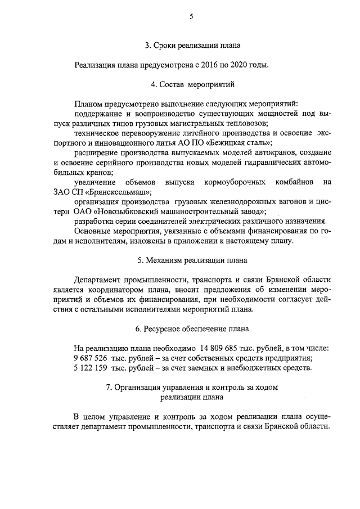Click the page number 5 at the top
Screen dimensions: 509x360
191,17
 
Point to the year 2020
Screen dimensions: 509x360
242,65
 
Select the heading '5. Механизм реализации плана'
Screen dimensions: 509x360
192,260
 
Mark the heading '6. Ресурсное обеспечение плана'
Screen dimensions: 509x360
192,328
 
